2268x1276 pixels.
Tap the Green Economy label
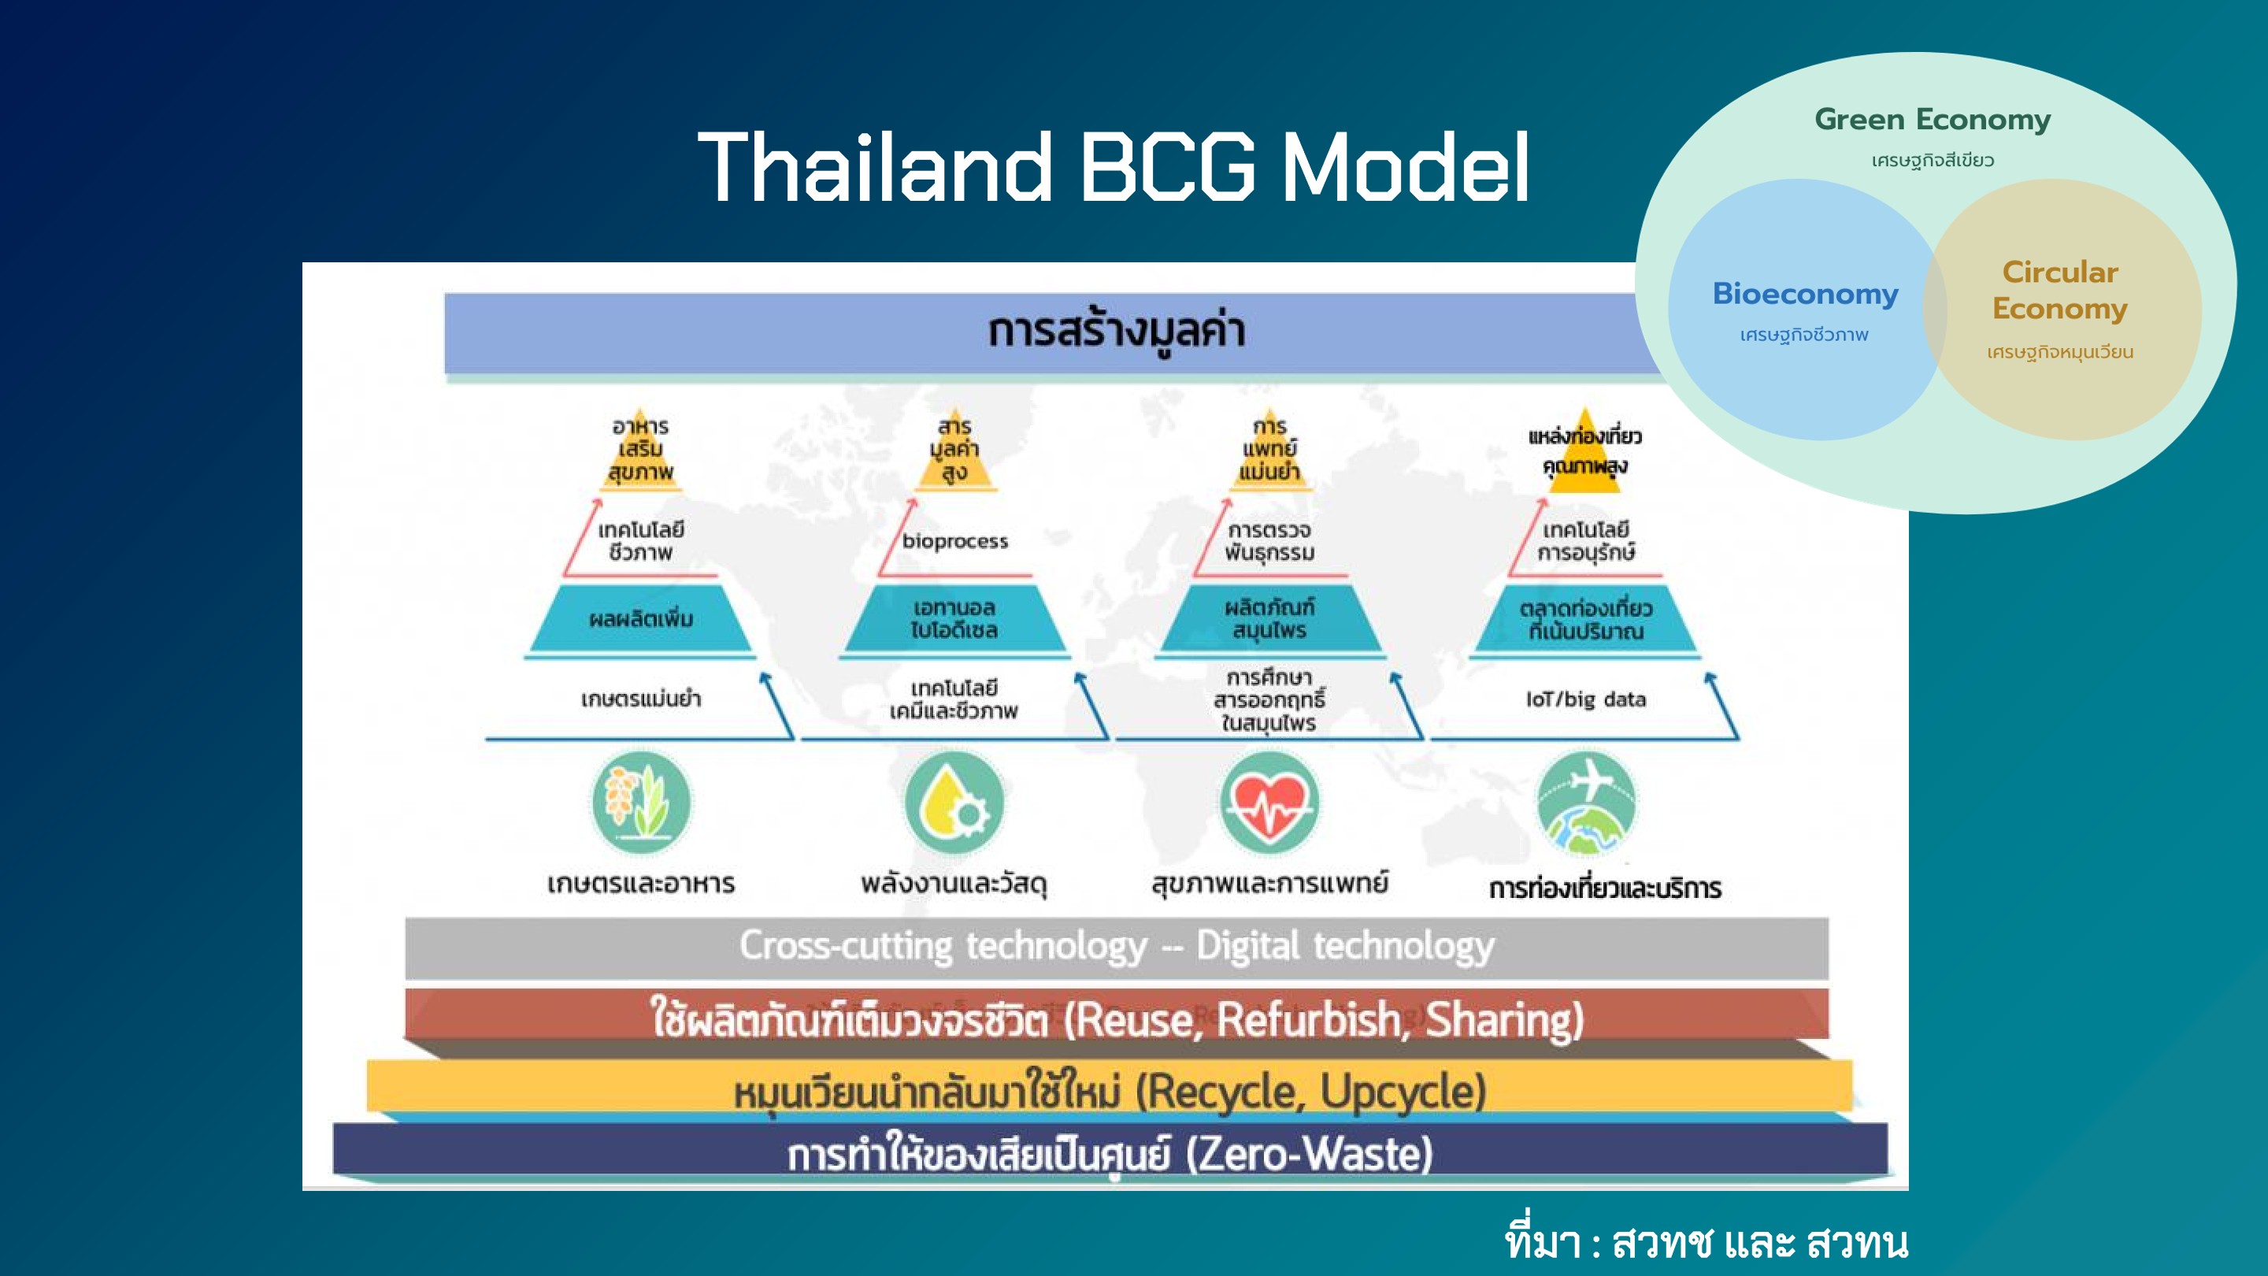pos(1933,120)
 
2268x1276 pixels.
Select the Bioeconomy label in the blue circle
pos(1805,293)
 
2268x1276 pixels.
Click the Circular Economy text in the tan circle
pos(2060,290)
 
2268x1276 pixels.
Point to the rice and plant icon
pos(641,803)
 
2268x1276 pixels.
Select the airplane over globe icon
pos(1586,803)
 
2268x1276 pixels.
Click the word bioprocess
pos(955,540)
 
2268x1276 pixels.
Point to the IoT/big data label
pos(1586,699)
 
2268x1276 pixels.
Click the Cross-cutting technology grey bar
pos(1117,948)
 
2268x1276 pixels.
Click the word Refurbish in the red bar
pos(1309,1020)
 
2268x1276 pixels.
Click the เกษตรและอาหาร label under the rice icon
pos(641,883)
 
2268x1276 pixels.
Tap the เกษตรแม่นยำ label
pos(641,699)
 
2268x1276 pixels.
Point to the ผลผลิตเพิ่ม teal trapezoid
pos(640,619)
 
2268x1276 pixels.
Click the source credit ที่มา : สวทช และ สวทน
pos(1707,1241)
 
